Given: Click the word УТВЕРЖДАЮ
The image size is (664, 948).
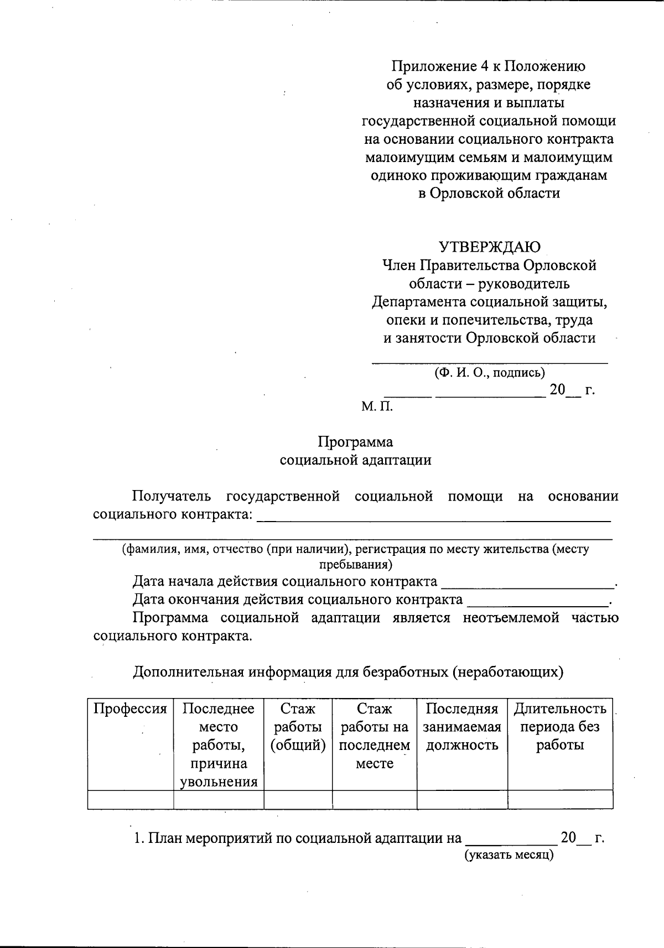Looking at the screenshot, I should coord(490,247).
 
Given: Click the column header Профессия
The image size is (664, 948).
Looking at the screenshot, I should coord(130,709).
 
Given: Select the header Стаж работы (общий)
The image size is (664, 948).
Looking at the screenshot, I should coord(298,727).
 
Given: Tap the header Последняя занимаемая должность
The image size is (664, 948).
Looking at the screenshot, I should coord(462,727).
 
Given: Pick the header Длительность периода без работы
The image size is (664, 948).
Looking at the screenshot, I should coord(560,727).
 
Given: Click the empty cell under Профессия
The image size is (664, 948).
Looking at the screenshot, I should coord(130,799).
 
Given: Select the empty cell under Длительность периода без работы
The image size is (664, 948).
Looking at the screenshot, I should coord(560,799).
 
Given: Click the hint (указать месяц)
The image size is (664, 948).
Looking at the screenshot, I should coord(509,855).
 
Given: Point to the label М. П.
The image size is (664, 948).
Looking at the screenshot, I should coord(377,407).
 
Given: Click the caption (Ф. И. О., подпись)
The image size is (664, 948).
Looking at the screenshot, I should coord(490,372).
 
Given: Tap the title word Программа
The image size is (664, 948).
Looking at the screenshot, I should coord(355,442).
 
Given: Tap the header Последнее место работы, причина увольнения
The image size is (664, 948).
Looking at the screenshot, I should coord(219,745).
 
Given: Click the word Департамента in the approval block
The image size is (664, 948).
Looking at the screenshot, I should coord(419,302).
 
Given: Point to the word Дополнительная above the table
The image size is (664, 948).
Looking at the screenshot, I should coord(188,672).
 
